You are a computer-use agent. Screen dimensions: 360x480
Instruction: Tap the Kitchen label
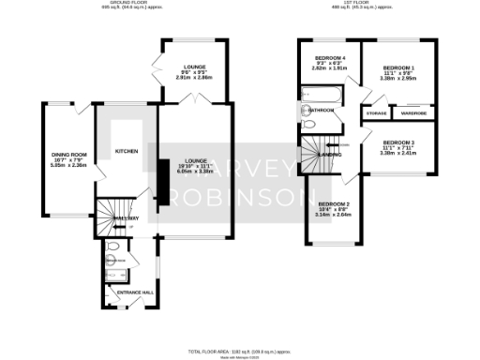coord(127,151)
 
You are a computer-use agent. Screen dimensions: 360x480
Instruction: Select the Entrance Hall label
coord(134,293)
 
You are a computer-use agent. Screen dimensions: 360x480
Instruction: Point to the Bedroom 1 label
coord(398,68)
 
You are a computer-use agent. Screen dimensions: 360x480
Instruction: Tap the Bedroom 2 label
coord(333,203)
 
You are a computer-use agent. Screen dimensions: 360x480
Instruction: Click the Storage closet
coord(377,113)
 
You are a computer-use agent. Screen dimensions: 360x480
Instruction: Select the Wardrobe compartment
coord(413,113)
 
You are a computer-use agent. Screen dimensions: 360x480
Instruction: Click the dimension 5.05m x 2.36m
coord(68,166)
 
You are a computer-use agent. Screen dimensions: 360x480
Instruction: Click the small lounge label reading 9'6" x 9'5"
coord(195,71)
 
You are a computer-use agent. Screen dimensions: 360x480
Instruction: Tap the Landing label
coord(329,155)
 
